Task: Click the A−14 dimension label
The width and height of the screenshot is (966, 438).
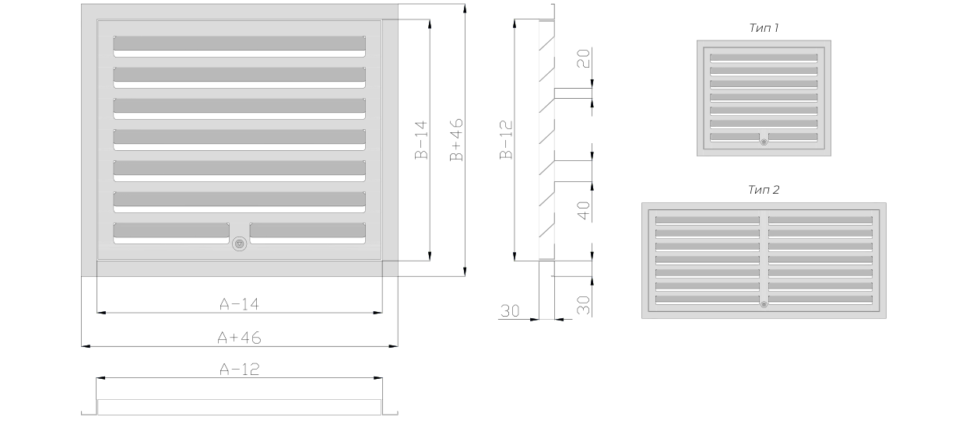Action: pyautogui.click(x=239, y=304)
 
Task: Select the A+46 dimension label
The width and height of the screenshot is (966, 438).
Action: pyautogui.click(x=239, y=338)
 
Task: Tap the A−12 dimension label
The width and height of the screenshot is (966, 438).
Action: pyautogui.click(x=239, y=369)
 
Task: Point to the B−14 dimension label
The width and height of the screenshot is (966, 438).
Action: pyautogui.click(x=421, y=140)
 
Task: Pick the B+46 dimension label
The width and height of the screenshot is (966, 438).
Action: pyautogui.click(x=456, y=140)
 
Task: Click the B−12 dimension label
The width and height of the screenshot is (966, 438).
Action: pyautogui.click(x=506, y=140)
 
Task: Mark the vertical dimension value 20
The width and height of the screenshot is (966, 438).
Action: pyautogui.click(x=583, y=58)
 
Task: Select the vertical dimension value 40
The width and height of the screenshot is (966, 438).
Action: pyautogui.click(x=583, y=211)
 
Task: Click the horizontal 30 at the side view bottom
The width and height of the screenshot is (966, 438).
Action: pyautogui.click(x=510, y=311)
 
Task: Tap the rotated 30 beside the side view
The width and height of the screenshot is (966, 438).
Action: pyautogui.click(x=583, y=305)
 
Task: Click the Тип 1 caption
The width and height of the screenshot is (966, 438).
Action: pyautogui.click(x=764, y=28)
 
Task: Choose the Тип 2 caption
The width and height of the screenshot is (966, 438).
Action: pyautogui.click(x=764, y=190)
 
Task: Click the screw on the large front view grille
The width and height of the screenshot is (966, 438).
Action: pyautogui.click(x=240, y=244)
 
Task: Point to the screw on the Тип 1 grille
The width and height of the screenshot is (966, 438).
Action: pyautogui.click(x=764, y=142)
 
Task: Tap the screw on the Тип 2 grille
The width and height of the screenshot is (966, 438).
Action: pyautogui.click(x=764, y=304)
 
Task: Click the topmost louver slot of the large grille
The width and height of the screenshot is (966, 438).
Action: pyautogui.click(x=239, y=47)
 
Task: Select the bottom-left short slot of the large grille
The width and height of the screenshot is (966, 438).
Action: pyautogui.click(x=171, y=233)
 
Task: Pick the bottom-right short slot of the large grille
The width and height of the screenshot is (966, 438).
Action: pyautogui.click(x=307, y=233)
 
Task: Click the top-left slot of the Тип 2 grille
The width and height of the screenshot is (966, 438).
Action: pyautogui.click(x=708, y=221)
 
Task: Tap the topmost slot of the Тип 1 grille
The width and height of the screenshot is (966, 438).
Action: pyautogui.click(x=764, y=58)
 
